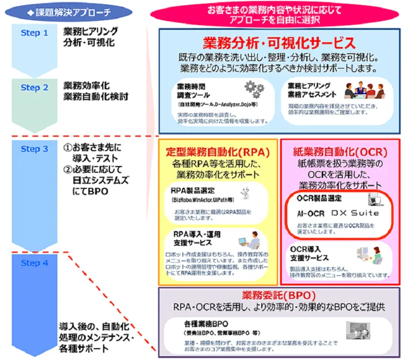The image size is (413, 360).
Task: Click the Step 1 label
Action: [x=35, y=33]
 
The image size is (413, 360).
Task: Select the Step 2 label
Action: [x=35, y=88]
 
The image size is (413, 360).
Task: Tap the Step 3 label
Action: [x=35, y=149]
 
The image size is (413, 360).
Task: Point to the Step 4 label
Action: [x=35, y=263]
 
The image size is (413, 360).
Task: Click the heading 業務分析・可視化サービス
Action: [x=279, y=42]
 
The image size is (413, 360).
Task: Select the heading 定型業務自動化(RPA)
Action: [x=218, y=152]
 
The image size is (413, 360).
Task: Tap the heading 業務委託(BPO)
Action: [x=279, y=296]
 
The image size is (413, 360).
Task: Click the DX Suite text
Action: [x=355, y=213]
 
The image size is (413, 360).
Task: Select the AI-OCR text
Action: [x=311, y=213]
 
